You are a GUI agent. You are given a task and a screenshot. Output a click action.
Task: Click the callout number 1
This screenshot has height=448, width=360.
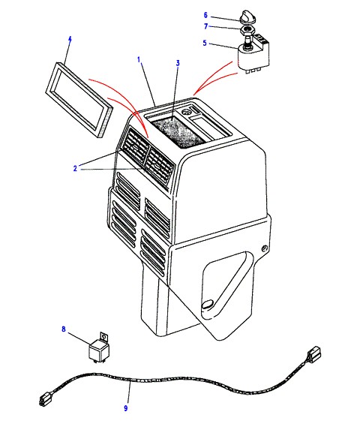(139, 60)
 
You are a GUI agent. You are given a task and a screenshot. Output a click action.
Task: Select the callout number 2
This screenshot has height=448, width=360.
(75, 168)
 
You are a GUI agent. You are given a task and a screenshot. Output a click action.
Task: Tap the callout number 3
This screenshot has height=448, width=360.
(178, 63)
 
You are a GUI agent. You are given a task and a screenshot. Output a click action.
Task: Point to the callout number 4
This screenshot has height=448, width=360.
(70, 39)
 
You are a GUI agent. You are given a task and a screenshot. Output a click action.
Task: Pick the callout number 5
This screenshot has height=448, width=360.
(205, 43)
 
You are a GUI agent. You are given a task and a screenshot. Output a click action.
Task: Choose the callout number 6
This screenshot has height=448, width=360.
(205, 15)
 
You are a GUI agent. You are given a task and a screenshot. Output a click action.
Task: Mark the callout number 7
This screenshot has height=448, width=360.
(205, 26)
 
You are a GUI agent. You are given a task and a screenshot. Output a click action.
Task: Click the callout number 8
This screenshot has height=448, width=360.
(64, 329)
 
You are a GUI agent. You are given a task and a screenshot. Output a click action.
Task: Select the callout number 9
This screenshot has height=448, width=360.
(125, 408)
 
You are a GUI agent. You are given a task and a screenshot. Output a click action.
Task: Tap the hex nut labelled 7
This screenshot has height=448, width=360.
(247, 30)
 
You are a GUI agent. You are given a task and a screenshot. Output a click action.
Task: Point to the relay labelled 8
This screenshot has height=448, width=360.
(99, 348)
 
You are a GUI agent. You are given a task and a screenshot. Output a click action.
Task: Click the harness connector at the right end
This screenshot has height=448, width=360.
(313, 354)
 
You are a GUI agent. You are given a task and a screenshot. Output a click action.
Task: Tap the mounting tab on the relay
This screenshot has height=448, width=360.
(104, 338)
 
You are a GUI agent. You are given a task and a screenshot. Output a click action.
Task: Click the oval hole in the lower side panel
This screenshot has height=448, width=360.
(208, 304)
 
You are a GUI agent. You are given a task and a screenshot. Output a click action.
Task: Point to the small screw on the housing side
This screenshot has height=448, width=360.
(265, 248)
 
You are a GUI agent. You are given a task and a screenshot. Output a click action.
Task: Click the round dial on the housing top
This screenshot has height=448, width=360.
(187, 112)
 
